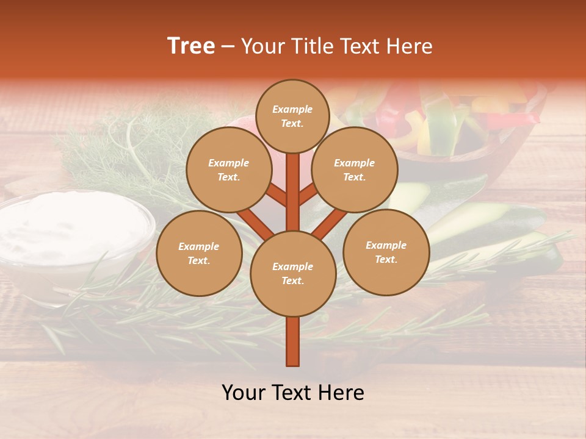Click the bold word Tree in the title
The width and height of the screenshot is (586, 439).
191,46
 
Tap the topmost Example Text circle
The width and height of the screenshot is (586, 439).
292,116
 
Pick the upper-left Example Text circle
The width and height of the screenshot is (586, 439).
228,170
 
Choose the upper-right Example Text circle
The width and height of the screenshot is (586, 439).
355,170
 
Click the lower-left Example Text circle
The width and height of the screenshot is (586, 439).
199,254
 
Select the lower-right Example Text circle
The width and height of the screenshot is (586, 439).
386,252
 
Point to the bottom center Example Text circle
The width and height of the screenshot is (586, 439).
293,273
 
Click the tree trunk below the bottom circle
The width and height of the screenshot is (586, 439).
293,341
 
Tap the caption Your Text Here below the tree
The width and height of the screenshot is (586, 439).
293,393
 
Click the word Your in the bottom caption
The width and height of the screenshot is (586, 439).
243,393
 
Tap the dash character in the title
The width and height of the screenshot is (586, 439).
228,46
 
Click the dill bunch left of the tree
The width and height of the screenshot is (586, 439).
134,152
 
